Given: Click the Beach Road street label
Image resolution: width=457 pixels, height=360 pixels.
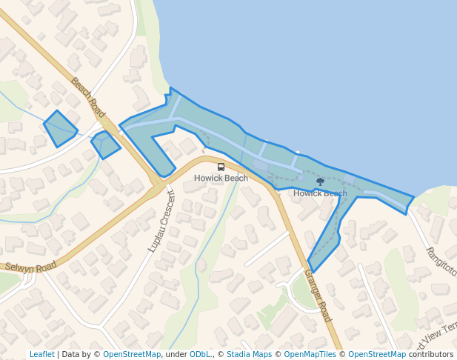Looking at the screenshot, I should [88, 96].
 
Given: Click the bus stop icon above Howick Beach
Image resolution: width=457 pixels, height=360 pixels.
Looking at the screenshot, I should [221, 167].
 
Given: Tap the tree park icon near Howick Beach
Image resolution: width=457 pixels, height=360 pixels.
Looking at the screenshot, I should [320, 181].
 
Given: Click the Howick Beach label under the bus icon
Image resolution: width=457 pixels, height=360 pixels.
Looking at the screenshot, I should [221, 179].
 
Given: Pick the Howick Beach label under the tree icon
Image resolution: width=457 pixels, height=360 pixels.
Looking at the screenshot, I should [320, 194].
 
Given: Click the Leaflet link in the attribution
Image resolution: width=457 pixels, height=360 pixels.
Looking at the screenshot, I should [41, 355].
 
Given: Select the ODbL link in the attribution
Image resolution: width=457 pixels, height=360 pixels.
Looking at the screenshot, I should [200, 355].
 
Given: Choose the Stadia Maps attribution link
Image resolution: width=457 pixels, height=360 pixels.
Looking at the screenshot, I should [249, 355].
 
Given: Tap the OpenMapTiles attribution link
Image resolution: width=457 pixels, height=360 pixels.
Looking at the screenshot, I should [310, 355].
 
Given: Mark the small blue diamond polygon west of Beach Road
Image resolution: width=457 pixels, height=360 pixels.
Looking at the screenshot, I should [60, 128].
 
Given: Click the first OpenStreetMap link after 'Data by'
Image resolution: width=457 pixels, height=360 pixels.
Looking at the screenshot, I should [131, 355].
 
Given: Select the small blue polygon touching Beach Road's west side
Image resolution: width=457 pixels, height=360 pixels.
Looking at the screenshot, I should [105, 144].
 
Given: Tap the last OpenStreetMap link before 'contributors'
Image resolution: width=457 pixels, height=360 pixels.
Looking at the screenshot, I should [376, 355].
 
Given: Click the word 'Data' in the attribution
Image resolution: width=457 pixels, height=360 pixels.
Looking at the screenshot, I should [72, 355].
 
